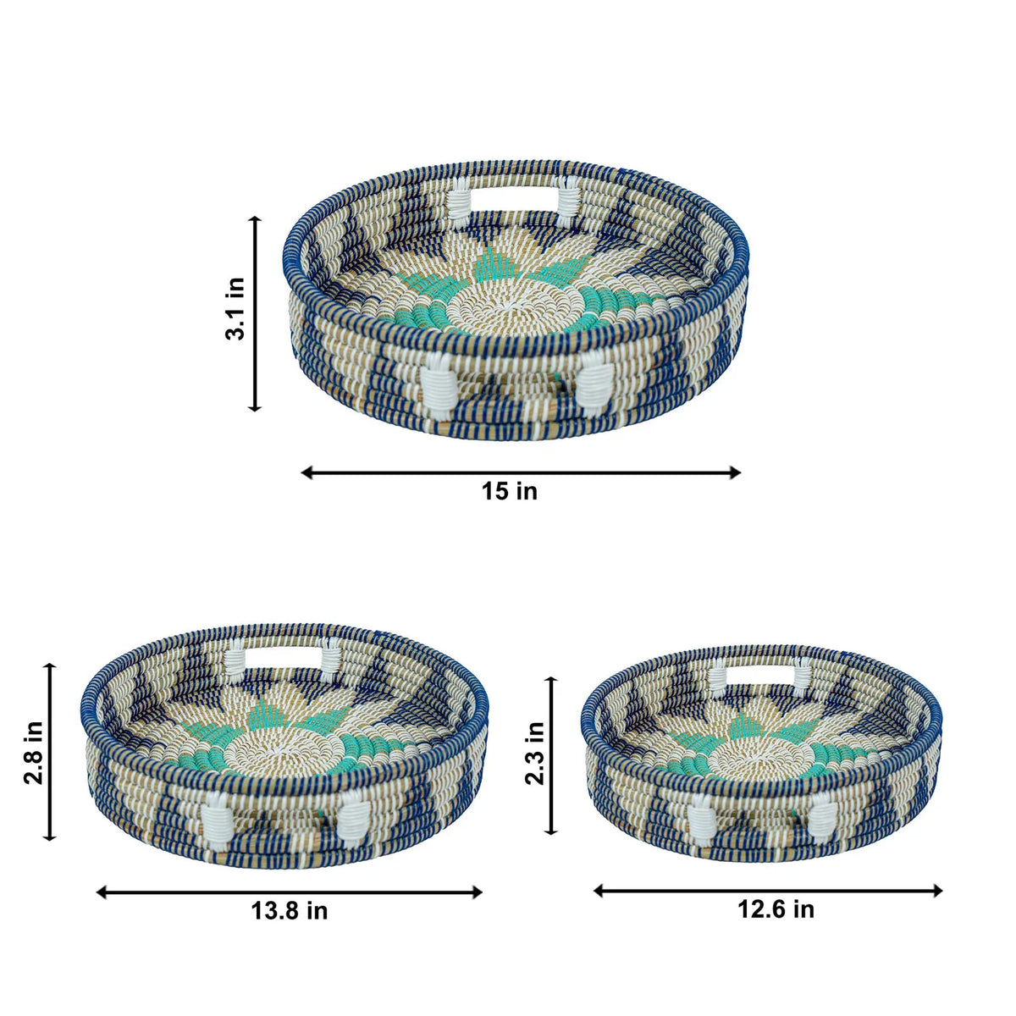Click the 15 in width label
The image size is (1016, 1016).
point(510,491)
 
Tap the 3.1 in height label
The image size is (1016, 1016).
point(235,308)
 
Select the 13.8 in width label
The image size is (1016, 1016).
point(289,910)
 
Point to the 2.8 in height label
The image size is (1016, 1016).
point(33,752)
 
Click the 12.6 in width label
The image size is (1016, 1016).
point(776,909)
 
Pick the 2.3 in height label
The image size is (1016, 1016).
point(534,753)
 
